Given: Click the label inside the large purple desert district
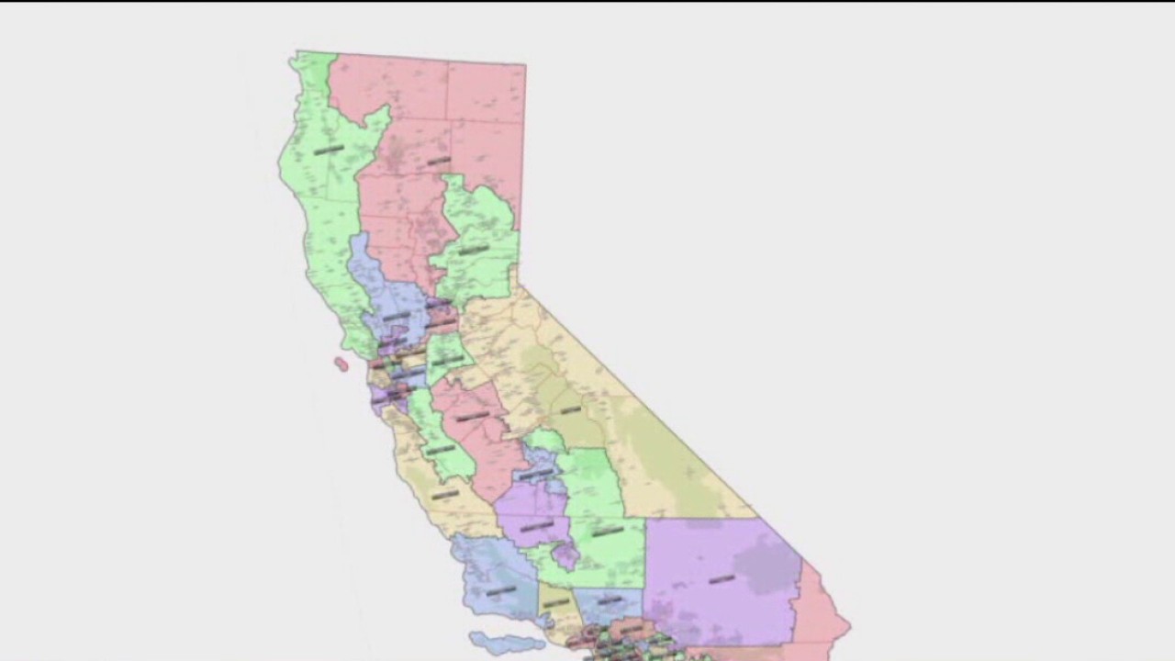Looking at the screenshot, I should [722, 579].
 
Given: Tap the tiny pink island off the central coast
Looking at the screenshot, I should [341, 364].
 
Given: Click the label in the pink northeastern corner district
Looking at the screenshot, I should [439, 162].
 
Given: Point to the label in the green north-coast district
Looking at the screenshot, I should [328, 150].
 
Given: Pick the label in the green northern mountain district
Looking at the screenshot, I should [474, 250].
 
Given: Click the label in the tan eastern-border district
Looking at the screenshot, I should [570, 409].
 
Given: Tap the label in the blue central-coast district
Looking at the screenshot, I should [500, 591].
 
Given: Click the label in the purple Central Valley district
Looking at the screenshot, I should [537, 526].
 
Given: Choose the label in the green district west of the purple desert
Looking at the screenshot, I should [607, 531].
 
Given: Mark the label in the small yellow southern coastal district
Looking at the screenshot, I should [556, 603].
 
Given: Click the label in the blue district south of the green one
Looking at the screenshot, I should [609, 601].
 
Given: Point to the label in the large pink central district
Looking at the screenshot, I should [472, 416].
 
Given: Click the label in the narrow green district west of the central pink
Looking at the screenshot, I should [440, 449].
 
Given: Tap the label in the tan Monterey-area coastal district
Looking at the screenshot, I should [445, 495].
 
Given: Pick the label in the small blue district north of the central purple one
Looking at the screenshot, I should [537, 474].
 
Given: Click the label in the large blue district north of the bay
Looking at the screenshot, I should [396, 317].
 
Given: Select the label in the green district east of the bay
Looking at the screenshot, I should [447, 360].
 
